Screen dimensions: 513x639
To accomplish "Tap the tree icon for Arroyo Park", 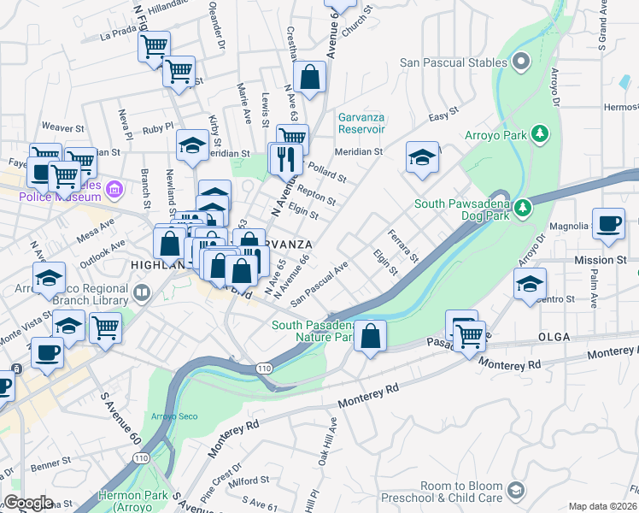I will [539, 134].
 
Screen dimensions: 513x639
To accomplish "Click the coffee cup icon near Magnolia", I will [608, 224].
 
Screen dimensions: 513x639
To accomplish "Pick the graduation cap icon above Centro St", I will [530, 284].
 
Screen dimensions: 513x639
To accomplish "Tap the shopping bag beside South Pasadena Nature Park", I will [370, 335].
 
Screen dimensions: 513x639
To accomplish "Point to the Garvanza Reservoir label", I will [373, 123].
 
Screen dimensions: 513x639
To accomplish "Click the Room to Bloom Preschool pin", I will [515, 490].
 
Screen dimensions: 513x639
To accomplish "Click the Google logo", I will [28, 503].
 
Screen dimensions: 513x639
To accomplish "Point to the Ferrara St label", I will [403, 246].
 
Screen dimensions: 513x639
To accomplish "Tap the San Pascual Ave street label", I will [319, 284].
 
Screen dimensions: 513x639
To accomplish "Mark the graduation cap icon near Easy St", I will [422, 157].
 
